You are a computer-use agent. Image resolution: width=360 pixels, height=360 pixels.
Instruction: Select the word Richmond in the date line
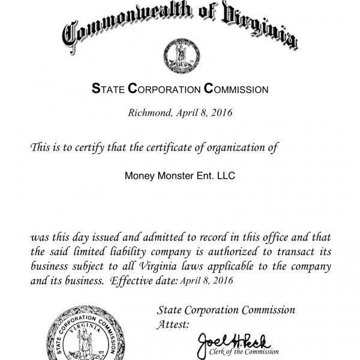point(151,112)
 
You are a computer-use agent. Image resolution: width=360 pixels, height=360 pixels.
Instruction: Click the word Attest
point(173,325)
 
